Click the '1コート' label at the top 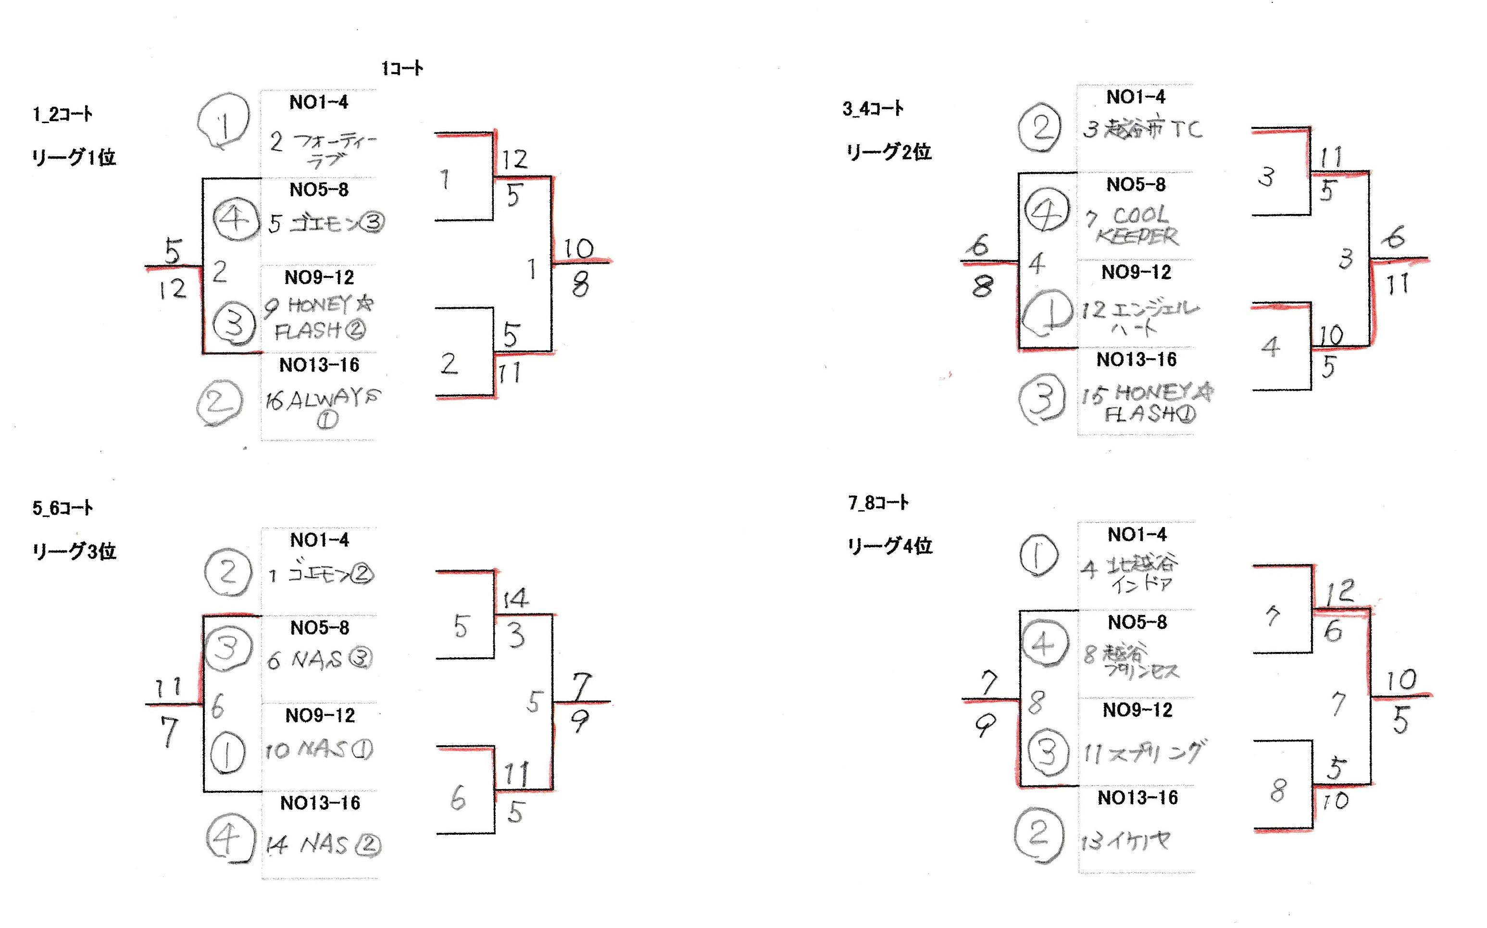point(402,68)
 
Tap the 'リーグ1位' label point(74,158)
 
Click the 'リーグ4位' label point(890,546)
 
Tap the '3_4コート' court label point(873,109)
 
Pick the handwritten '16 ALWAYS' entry point(323,405)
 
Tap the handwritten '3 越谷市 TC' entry point(1141,129)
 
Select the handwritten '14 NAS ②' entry point(323,846)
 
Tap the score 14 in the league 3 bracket point(514,598)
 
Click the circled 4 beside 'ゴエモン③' point(235,218)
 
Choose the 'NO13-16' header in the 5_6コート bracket point(320,803)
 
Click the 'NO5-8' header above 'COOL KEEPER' point(1136,185)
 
